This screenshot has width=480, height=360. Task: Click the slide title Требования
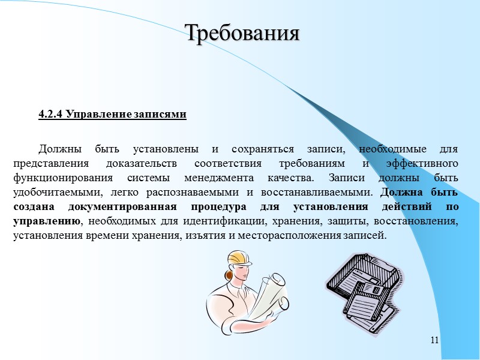pos(242,32)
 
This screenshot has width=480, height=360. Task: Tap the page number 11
pos(435,341)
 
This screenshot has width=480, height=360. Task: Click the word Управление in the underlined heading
pos(95,114)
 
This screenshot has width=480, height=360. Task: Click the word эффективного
pos(422,163)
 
